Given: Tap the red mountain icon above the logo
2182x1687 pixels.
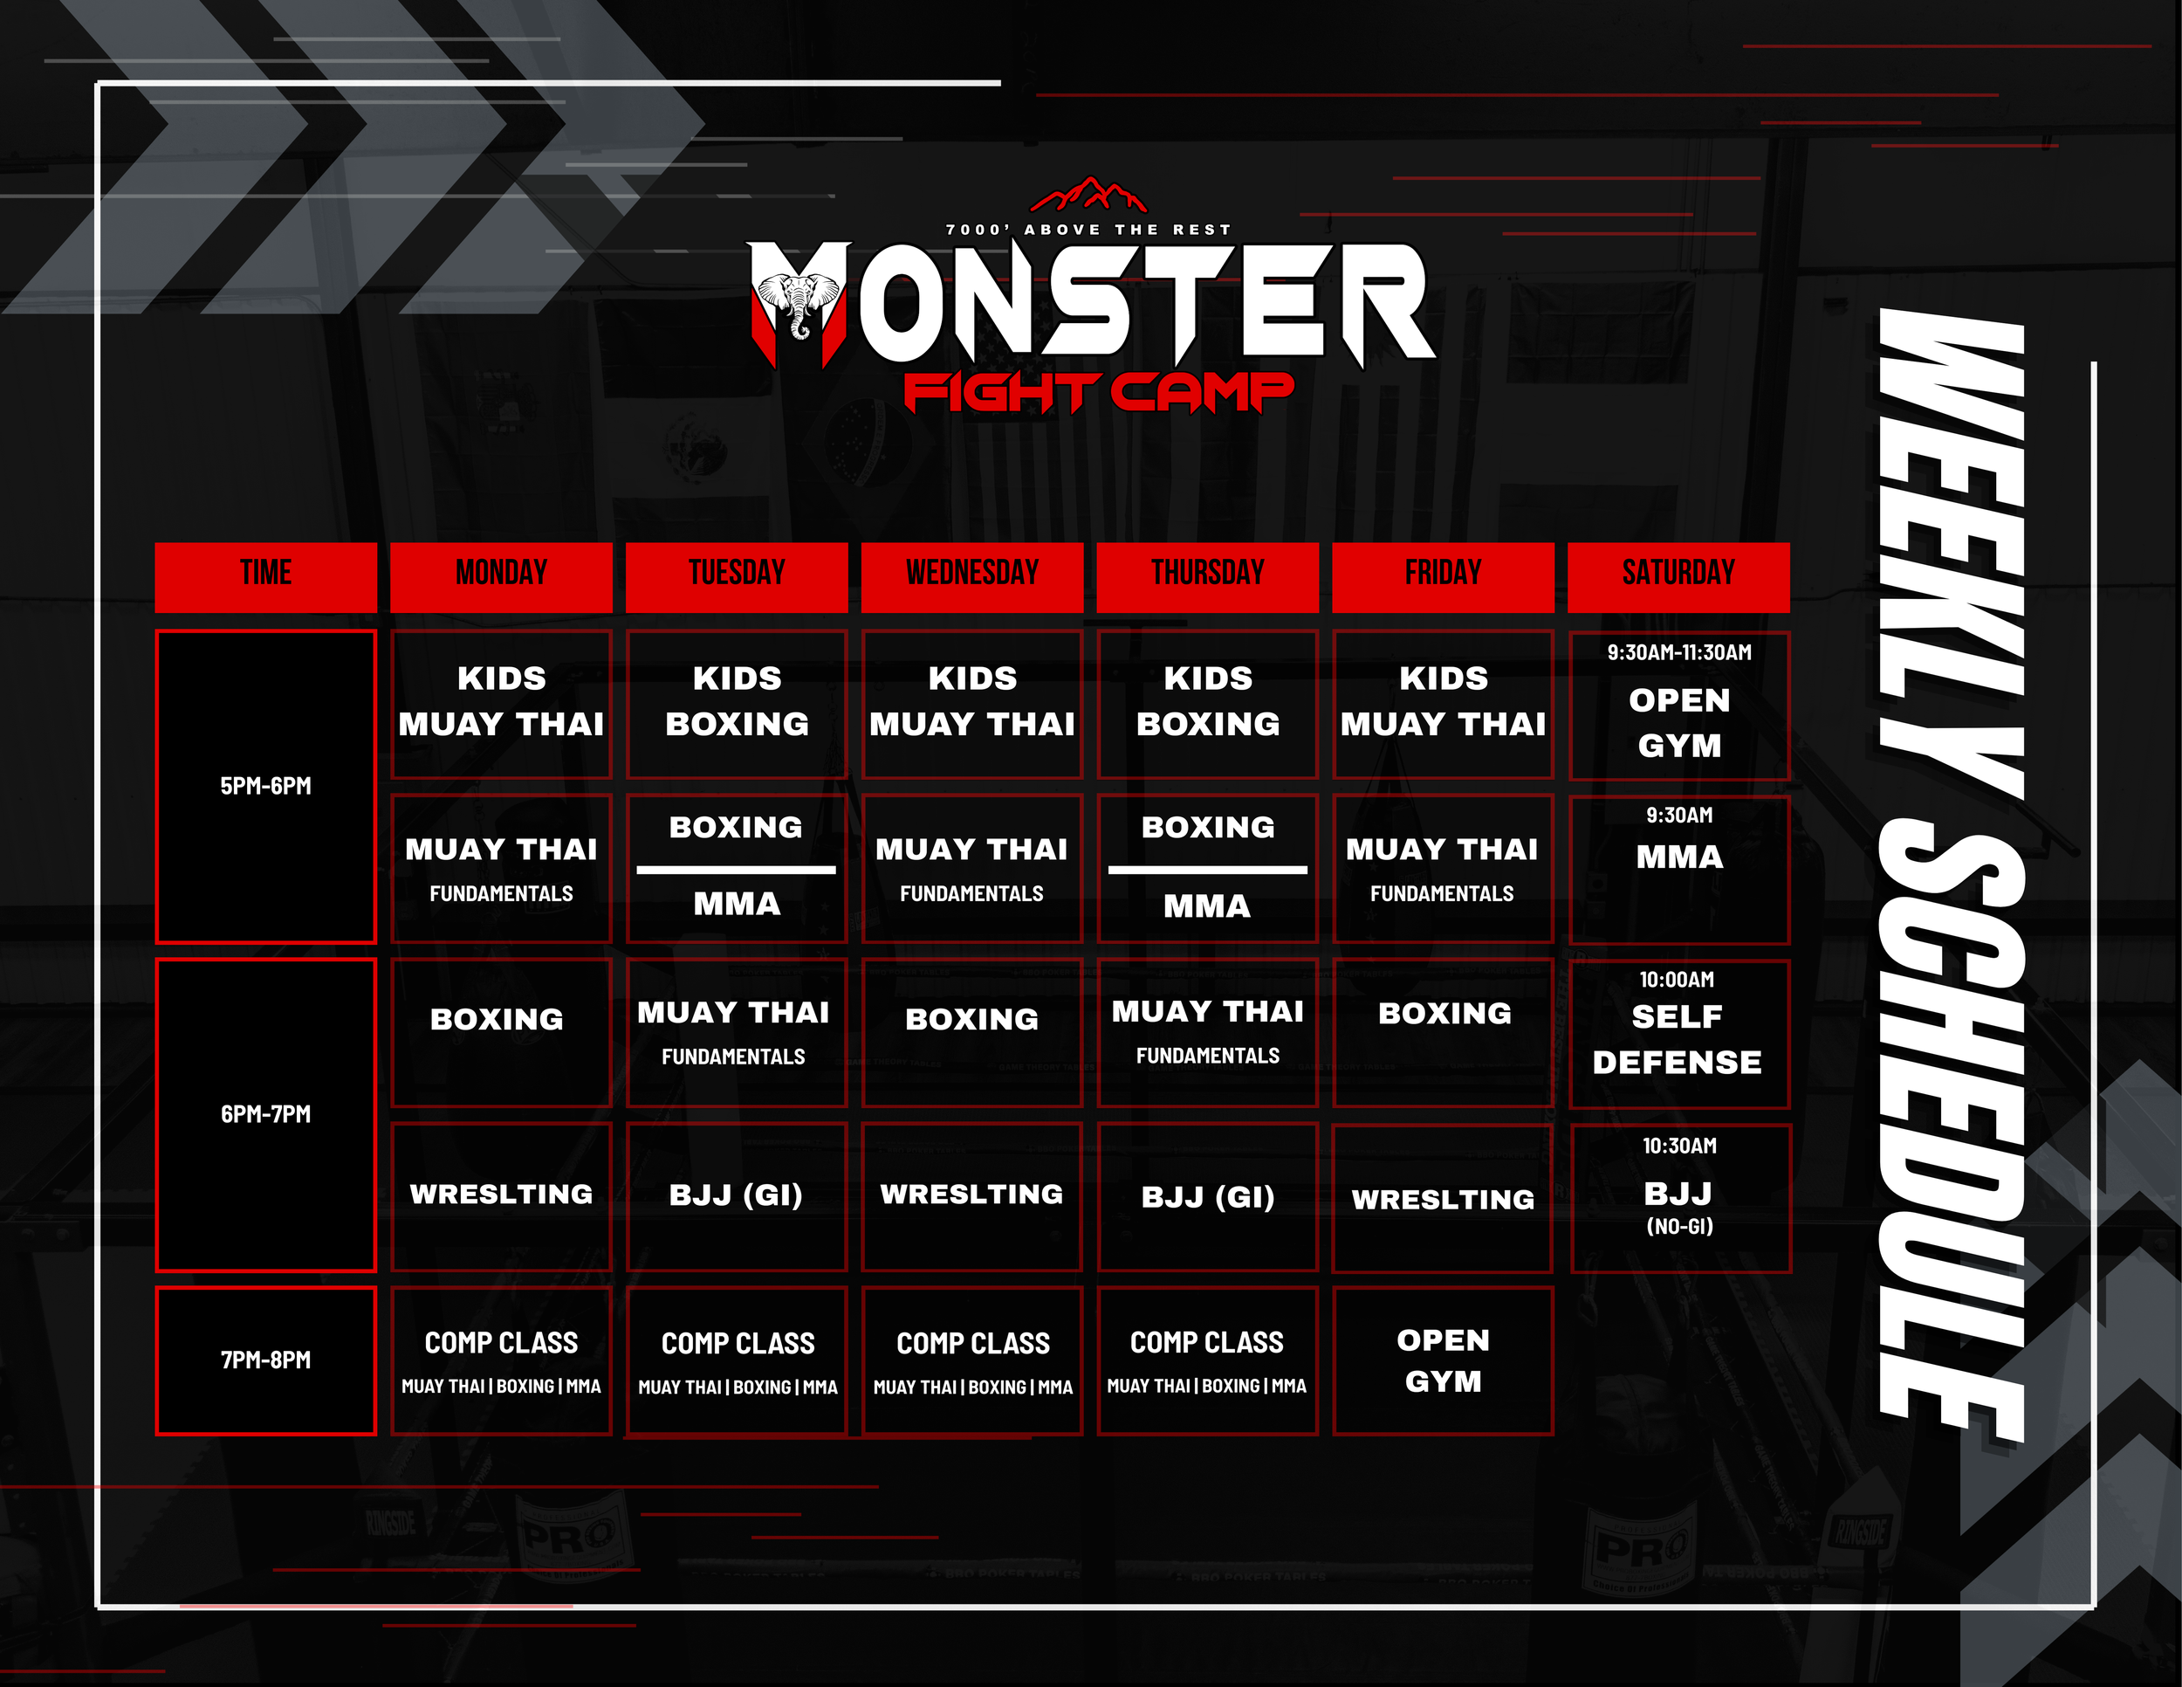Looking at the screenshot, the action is tap(1088, 194).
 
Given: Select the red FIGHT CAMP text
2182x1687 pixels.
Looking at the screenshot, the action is tap(1098, 392).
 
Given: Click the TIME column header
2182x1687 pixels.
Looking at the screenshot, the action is tap(265, 576).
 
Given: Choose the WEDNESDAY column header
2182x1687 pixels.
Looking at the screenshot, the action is tap(972, 576).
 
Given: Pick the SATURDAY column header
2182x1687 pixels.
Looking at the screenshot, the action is tap(1678, 576).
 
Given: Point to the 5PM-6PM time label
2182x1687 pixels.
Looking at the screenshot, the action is tap(265, 786).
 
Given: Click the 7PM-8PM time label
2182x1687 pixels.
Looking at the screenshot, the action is tap(265, 1360).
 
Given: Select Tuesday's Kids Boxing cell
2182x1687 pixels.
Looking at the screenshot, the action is tap(737, 704).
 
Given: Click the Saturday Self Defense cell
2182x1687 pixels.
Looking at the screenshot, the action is tap(1678, 1033).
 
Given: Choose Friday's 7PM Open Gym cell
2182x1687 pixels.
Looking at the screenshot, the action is tap(1443, 1360).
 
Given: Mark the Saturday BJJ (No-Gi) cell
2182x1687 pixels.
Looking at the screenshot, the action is tap(1678, 1197).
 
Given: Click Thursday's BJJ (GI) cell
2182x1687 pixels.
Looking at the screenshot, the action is tap(1207, 1196).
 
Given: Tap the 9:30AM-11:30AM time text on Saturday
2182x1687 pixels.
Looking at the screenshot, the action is tap(1678, 652).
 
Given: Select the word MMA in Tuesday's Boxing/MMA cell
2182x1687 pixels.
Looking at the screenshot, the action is tap(737, 905).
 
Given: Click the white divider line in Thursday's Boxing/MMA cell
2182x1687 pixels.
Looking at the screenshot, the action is tap(1207, 870).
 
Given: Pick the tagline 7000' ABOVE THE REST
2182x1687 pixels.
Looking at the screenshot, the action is tap(1088, 230).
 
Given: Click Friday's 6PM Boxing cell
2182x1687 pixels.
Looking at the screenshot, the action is tap(1443, 1032).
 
